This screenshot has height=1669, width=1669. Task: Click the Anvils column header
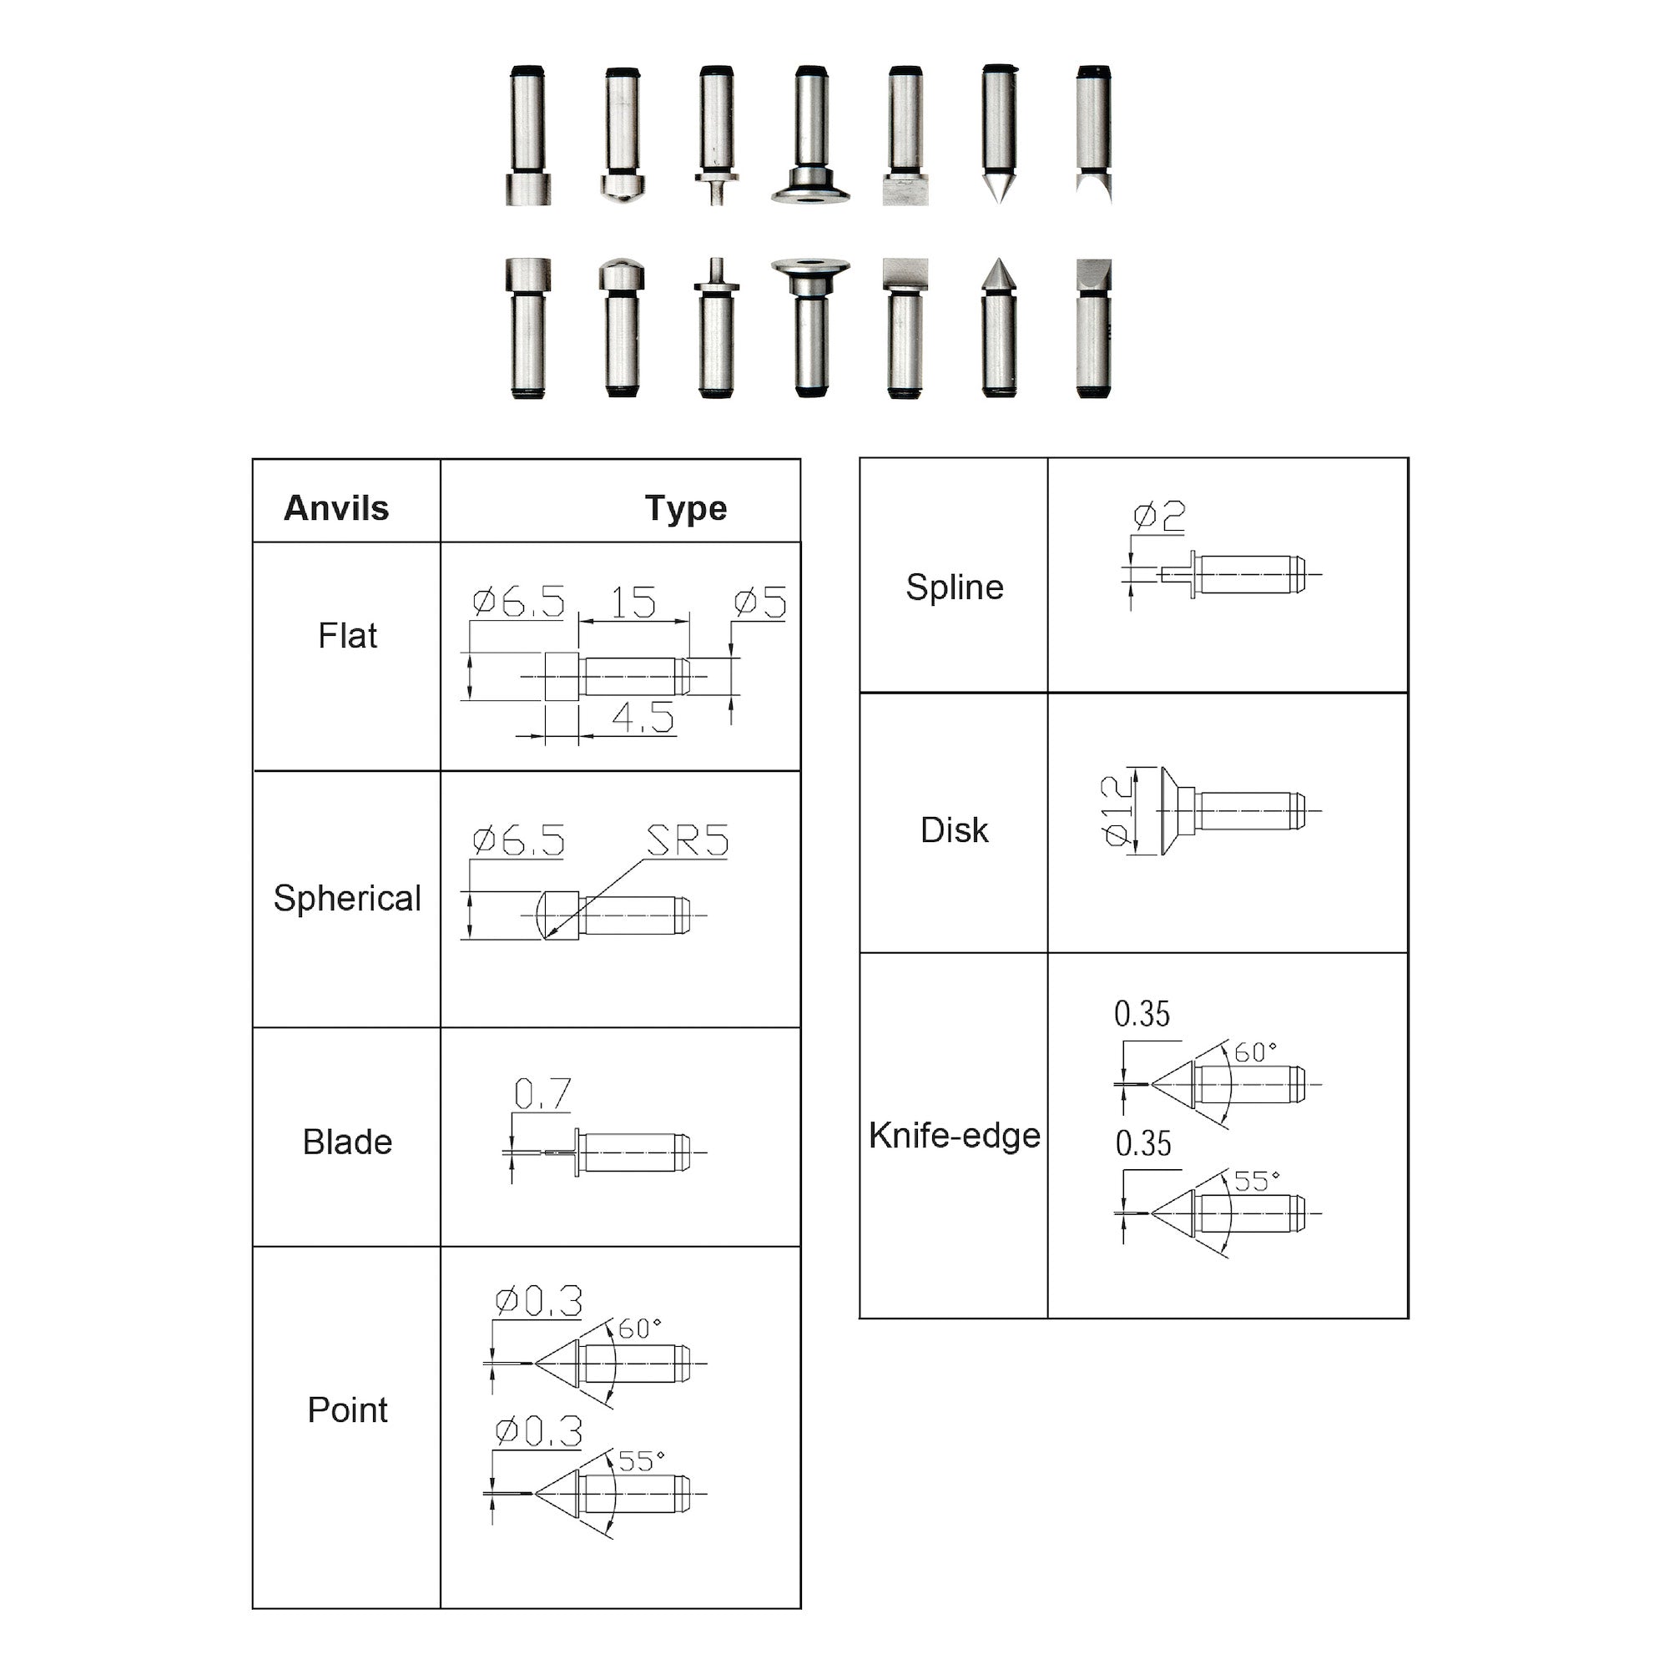(336, 508)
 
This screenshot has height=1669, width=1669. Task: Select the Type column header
(685, 508)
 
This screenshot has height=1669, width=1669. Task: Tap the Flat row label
(347, 636)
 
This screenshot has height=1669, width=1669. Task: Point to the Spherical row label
(347, 899)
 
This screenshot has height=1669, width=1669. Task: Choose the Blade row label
(347, 1142)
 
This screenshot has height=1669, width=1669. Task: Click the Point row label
(347, 1409)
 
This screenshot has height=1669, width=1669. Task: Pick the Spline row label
(955, 587)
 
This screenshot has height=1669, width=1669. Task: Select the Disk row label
(955, 830)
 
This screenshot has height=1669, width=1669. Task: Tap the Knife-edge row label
(955, 1135)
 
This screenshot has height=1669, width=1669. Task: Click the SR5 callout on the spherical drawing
(688, 840)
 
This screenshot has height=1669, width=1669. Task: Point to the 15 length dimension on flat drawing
(633, 603)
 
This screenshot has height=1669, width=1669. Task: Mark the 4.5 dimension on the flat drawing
(643, 717)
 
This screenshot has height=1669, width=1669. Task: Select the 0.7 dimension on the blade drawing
(542, 1094)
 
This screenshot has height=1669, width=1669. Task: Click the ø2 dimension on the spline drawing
(1159, 517)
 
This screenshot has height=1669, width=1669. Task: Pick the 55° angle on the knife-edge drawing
(1256, 1181)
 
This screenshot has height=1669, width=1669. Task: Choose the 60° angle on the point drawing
(639, 1329)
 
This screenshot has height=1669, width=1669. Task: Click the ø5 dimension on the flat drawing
(760, 603)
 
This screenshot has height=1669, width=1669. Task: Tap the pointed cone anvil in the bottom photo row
(999, 328)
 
